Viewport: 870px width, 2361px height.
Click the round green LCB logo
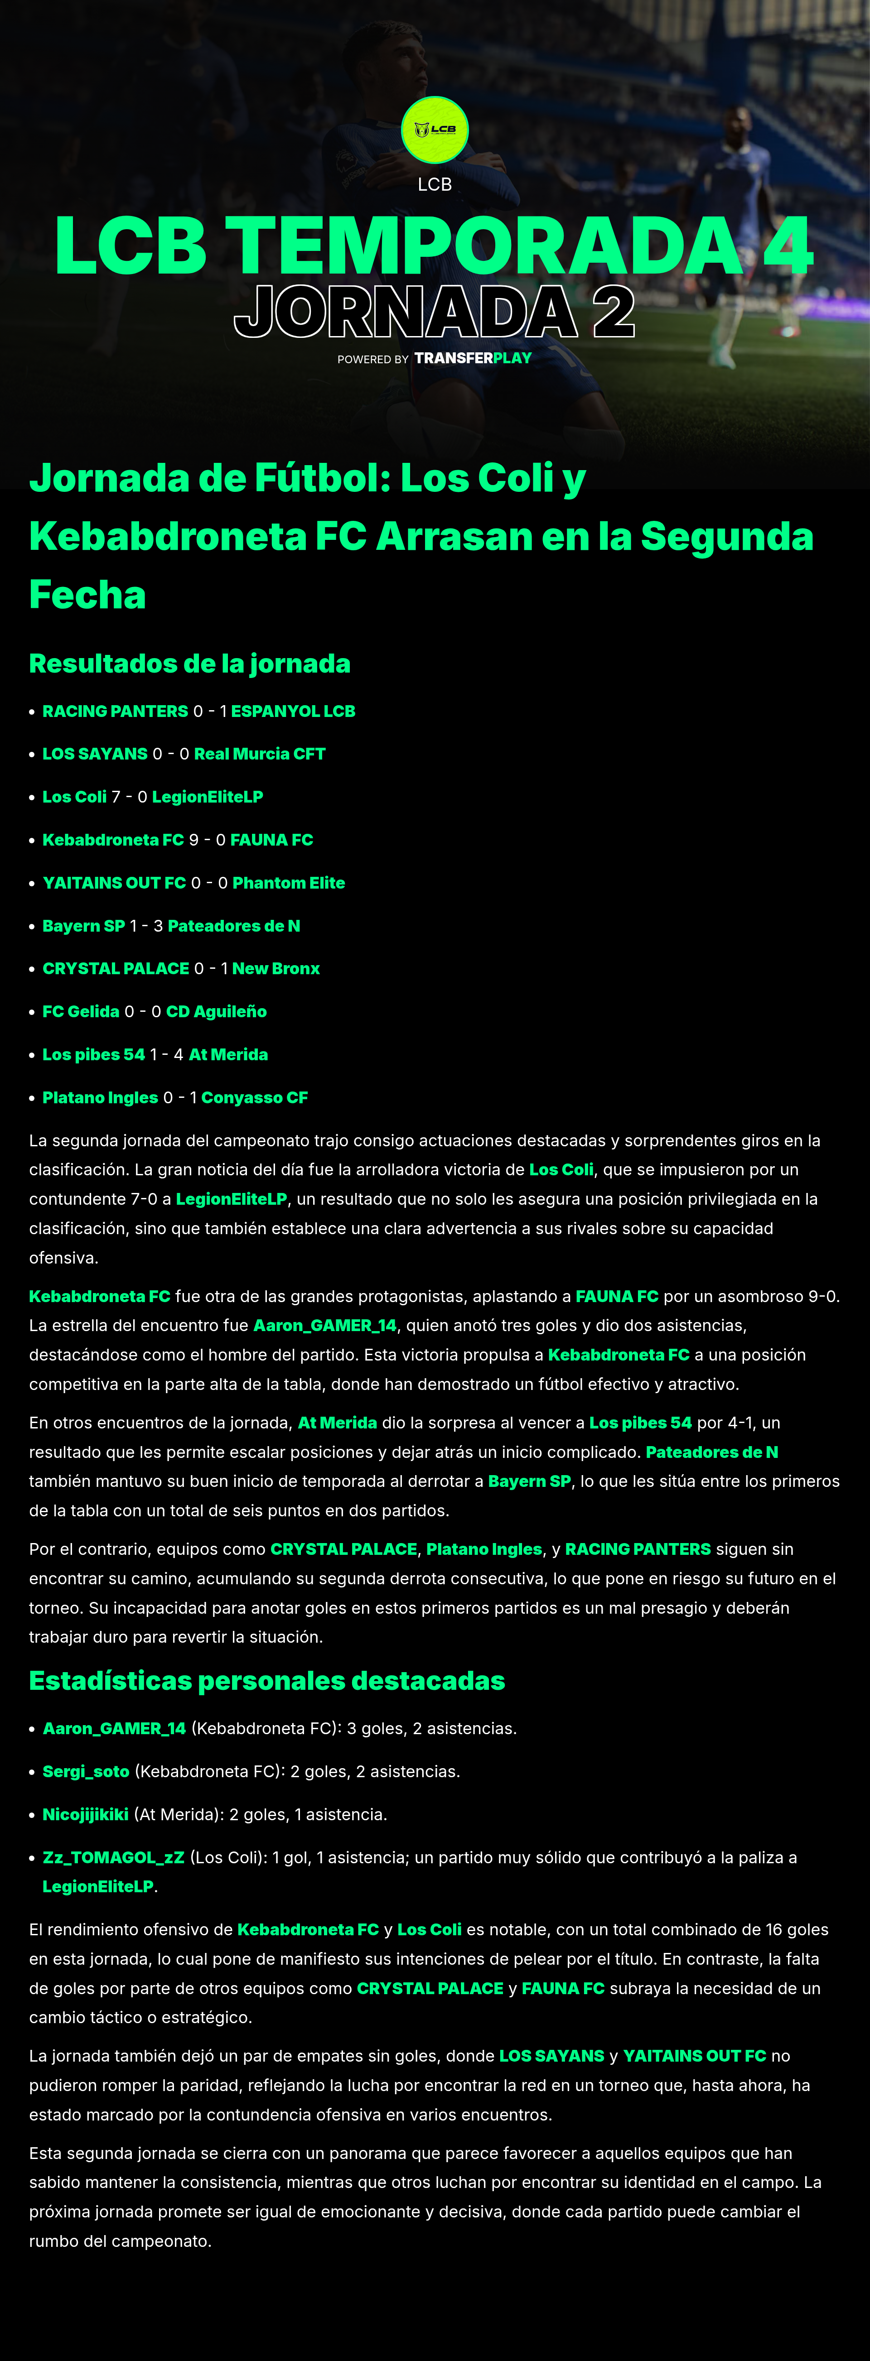click(x=435, y=130)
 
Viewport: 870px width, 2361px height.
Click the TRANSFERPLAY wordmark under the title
click(x=472, y=358)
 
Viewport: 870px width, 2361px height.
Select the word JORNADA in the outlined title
click(x=405, y=313)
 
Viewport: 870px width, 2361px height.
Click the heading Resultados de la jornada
click(x=190, y=664)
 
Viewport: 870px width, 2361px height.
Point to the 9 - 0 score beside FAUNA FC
click(x=207, y=840)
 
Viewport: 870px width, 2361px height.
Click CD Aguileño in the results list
click(x=216, y=1012)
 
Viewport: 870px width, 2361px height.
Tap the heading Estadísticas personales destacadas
click(x=267, y=1681)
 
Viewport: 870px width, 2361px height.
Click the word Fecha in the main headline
click(x=87, y=595)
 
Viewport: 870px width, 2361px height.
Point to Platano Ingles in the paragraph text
click(x=484, y=1549)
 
